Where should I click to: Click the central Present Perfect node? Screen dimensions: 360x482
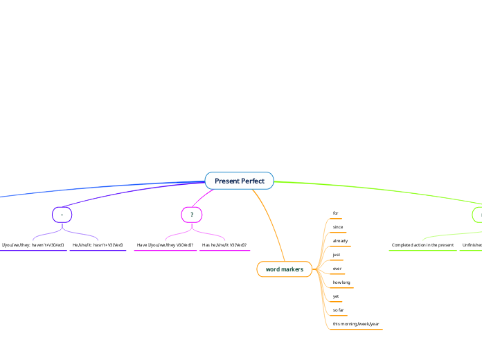239,181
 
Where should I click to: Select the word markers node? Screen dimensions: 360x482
284,269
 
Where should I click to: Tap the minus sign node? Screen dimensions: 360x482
62,215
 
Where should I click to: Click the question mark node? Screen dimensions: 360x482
191,215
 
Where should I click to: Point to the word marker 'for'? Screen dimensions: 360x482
336,213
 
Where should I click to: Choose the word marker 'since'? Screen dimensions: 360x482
338,227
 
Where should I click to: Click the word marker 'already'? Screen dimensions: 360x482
340,241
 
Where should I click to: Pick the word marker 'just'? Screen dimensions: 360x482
337,255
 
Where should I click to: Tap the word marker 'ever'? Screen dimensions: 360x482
337,269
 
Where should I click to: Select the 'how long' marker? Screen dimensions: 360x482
341,282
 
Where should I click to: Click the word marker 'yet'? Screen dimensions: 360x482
336,296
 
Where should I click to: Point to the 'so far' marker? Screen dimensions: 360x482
339,310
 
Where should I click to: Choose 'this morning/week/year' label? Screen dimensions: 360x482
356,324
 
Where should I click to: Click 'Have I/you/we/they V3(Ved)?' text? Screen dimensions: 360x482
165,245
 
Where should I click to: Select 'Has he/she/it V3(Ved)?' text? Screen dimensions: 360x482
224,245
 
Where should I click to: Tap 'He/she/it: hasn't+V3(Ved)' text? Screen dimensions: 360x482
98,245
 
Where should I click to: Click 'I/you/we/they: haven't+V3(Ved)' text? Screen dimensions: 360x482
33,245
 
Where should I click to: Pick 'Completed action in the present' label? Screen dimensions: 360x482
422,245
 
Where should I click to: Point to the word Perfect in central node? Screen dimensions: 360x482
253,181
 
